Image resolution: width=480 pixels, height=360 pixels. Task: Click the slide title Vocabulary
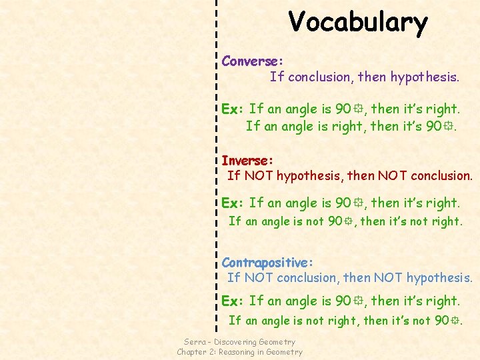pyautogui.click(x=358, y=22)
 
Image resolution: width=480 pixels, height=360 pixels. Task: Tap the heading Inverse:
pyautogui.click(x=247, y=161)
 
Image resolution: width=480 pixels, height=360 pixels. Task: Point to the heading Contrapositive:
pyautogui.click(x=267, y=263)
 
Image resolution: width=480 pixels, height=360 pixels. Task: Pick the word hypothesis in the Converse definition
pyautogui.click(x=424, y=77)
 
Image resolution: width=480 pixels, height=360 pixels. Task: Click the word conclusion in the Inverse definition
pyautogui.click(x=440, y=176)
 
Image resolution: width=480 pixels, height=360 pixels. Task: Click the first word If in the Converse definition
pyautogui.click(x=277, y=77)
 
